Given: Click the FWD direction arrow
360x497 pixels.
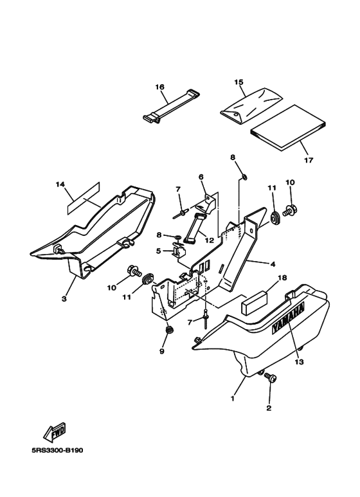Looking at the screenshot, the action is (54, 432).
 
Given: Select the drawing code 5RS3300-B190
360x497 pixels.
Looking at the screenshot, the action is (57, 451).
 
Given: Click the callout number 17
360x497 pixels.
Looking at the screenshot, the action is (308, 160).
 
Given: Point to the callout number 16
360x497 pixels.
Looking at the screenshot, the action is (159, 87).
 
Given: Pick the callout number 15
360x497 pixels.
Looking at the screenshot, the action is (239, 82).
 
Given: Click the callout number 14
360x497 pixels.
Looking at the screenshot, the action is (60, 185).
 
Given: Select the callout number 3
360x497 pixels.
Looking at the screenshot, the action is (64, 298).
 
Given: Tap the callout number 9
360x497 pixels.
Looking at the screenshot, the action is (162, 352).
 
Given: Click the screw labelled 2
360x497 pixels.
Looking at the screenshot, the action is (270, 378).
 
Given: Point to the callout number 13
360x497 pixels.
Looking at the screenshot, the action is (299, 361).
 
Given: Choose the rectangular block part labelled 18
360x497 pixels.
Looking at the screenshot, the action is (255, 304).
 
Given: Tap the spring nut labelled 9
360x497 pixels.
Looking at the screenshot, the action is (170, 330).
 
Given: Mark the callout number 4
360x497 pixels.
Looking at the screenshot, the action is (273, 264).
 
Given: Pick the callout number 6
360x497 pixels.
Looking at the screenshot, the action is (201, 177).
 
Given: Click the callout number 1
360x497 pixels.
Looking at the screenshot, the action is (233, 399).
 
